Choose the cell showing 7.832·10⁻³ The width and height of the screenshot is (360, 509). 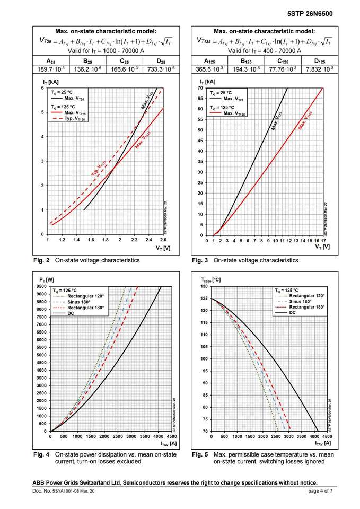coord(320,69)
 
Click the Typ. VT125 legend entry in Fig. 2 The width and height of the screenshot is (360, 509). coord(74,119)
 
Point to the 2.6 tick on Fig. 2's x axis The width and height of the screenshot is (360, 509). coord(163,240)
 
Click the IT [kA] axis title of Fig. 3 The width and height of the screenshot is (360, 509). coord(207,82)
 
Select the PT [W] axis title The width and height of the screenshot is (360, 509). coord(47,279)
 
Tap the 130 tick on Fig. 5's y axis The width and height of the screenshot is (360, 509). coord(204,286)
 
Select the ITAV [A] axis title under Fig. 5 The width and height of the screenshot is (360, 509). coord(323,443)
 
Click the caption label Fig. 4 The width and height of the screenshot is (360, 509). coord(41,454)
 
